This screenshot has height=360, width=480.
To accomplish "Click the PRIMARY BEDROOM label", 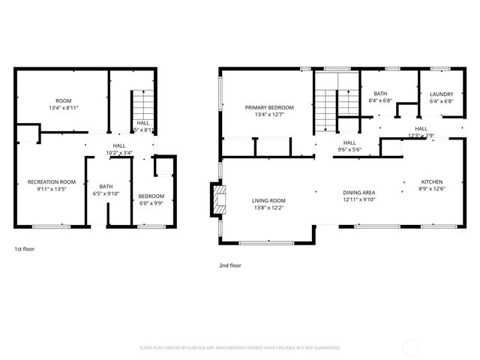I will click(x=269, y=107).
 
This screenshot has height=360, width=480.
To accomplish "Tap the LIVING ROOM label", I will click(x=268, y=200).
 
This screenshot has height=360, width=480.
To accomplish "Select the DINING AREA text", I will click(x=358, y=192).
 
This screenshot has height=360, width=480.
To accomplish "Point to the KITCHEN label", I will click(x=431, y=182).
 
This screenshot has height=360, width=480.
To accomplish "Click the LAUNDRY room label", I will click(x=441, y=94).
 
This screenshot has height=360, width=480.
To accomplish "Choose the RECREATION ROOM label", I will click(x=52, y=182).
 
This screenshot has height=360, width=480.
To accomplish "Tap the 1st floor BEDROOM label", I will click(x=151, y=196).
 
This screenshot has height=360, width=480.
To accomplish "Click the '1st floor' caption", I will click(x=24, y=248).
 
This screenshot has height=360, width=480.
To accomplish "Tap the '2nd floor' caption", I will click(x=229, y=265).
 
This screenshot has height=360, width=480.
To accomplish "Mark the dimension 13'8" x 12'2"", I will click(x=268, y=208).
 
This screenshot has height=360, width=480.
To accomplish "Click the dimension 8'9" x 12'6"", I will click(x=431, y=190).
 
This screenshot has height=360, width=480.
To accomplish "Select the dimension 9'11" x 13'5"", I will click(x=52, y=190).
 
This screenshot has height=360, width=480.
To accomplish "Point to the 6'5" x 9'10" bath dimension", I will click(x=106, y=193).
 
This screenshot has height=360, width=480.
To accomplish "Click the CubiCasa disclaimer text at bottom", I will click(x=240, y=348).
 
